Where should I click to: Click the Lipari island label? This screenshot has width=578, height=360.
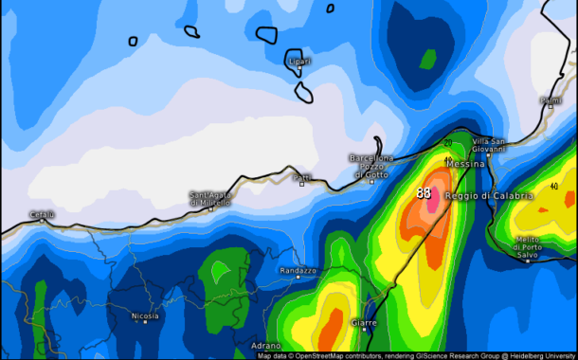point(298,62)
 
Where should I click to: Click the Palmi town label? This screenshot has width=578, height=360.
point(550,99)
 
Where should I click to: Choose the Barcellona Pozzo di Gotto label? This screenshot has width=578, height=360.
point(371,166)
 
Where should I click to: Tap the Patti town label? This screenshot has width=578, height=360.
point(302,176)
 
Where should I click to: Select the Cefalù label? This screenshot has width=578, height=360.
point(42,214)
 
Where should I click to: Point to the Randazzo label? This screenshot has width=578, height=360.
point(298,271)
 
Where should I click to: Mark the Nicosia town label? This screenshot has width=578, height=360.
point(145,315)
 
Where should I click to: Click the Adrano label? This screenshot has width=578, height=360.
point(266,346)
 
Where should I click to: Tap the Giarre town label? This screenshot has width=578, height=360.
point(363,323)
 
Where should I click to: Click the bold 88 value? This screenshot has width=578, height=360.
point(424,192)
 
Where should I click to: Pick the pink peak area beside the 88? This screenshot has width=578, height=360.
point(434,201)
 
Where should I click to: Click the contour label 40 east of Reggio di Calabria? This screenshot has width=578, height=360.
point(553,187)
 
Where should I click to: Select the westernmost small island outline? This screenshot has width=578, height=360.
point(134,41)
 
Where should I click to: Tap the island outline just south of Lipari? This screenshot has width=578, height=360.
point(305,91)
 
